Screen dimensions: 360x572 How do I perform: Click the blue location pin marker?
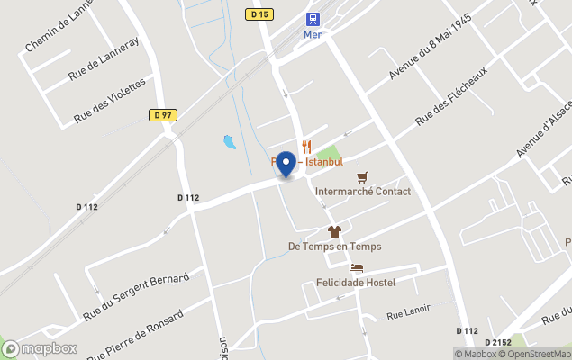pos(286,164)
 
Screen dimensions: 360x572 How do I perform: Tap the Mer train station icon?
pos(313,18)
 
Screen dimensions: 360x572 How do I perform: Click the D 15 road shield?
pos(260,13)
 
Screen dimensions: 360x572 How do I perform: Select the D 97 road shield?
pos(162,114)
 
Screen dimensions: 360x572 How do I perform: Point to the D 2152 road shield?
pos(497,343)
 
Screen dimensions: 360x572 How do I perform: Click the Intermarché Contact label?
pos(363,192)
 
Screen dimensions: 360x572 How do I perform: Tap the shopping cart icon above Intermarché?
pos(362,176)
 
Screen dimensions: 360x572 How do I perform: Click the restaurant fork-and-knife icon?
pos(306,147)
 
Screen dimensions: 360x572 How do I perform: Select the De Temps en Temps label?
pos(334,247)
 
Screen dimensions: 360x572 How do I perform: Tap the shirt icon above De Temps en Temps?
pos(334,231)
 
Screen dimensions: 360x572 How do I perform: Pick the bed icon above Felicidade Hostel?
pos(357,267)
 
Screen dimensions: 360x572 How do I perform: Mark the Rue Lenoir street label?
pos(409,312)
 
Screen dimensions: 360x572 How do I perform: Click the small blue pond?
pos(229,141)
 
